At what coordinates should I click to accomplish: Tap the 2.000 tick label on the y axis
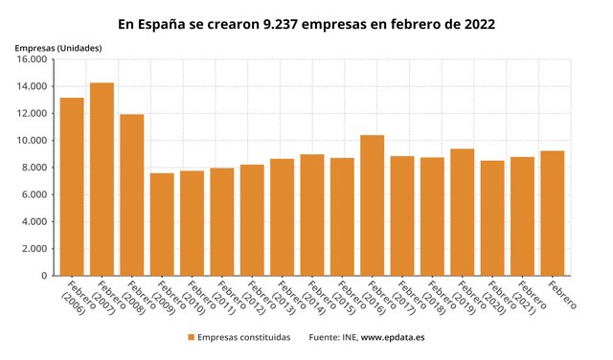[34, 249]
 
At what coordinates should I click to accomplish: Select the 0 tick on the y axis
[43, 276]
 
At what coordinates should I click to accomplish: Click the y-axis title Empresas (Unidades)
[59, 47]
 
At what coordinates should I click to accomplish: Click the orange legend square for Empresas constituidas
[191, 337]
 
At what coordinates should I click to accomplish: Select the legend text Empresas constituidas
[243, 337]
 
